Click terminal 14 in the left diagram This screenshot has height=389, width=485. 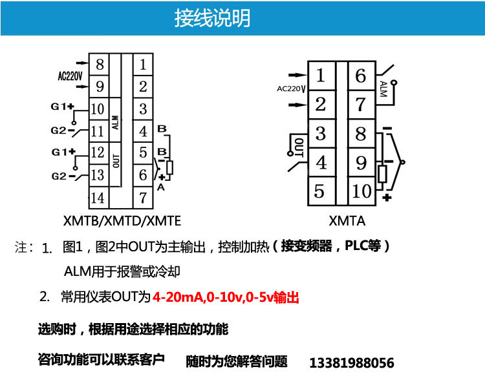tap(98, 197)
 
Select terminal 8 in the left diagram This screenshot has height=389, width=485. tap(98, 65)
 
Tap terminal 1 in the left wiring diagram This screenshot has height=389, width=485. tap(143, 65)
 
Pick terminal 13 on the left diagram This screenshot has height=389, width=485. tap(98, 175)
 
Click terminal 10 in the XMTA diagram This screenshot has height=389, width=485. tap(361, 191)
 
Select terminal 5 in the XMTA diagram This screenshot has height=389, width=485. tap(320, 191)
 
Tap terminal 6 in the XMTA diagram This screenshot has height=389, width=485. tap(361, 76)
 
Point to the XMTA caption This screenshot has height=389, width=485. tap(347, 221)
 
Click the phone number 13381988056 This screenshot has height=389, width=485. tap(352, 363)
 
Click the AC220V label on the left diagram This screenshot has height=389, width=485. tap(70, 76)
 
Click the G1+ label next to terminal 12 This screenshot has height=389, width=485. tap(63, 152)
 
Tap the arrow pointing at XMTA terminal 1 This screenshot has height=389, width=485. tap(294, 75)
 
